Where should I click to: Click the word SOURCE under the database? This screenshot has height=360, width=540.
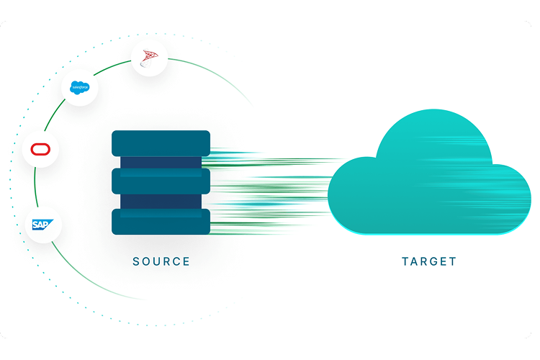161,261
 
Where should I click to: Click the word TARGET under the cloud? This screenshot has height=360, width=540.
429,261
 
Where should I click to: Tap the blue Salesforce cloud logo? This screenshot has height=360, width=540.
79,87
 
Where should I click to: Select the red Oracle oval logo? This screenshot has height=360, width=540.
40,150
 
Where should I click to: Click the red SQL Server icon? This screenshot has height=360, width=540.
150,59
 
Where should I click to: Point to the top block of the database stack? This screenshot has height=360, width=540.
161,143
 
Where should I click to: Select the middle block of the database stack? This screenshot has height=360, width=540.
161,181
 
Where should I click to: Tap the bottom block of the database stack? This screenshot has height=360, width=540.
161,221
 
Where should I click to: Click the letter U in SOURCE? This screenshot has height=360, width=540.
156,261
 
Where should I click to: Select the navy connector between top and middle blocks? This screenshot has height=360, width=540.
161,162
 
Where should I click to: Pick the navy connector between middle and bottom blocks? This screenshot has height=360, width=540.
161,201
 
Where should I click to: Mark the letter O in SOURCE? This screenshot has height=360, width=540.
146,261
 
